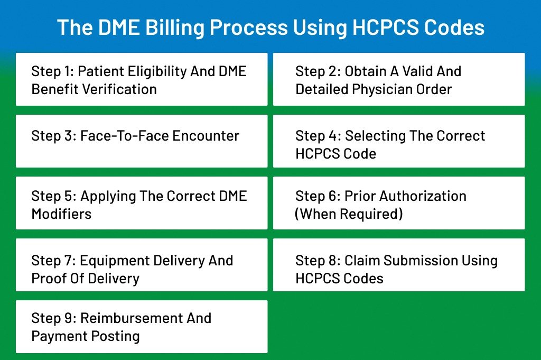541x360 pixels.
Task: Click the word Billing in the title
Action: tap(175, 27)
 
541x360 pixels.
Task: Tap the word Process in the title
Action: tap(249, 27)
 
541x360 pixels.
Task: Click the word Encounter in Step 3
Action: tap(206, 136)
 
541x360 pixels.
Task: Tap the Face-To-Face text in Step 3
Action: tap(125, 136)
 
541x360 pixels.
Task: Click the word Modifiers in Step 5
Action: tap(61, 214)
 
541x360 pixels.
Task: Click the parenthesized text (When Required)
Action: tap(349, 214)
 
